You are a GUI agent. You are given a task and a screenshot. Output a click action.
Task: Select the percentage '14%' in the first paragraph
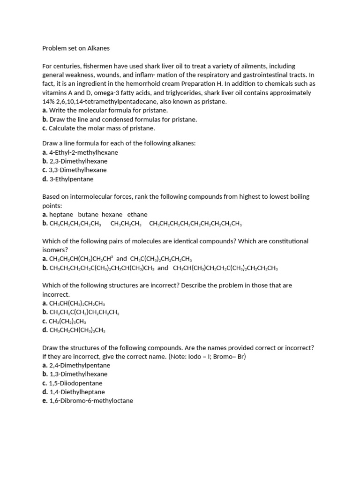click(49, 102)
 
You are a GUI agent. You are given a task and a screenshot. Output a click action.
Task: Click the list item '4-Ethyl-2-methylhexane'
click(83, 152)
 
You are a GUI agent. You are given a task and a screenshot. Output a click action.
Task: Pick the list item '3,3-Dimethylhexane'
click(78, 170)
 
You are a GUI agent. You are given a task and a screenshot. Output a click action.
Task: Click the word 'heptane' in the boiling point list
click(61, 215)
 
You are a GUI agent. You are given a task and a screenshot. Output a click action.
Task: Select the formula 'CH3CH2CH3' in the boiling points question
click(126, 224)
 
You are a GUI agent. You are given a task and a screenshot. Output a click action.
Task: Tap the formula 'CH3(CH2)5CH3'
click(67, 321)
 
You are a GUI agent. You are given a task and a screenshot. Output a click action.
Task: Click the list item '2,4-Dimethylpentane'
click(80, 365)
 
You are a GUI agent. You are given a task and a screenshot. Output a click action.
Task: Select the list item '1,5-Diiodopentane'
click(75, 383)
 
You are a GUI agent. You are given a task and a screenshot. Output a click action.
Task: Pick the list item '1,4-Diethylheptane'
click(77, 392)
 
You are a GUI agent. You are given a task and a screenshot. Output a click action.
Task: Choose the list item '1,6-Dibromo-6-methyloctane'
click(91, 401)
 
